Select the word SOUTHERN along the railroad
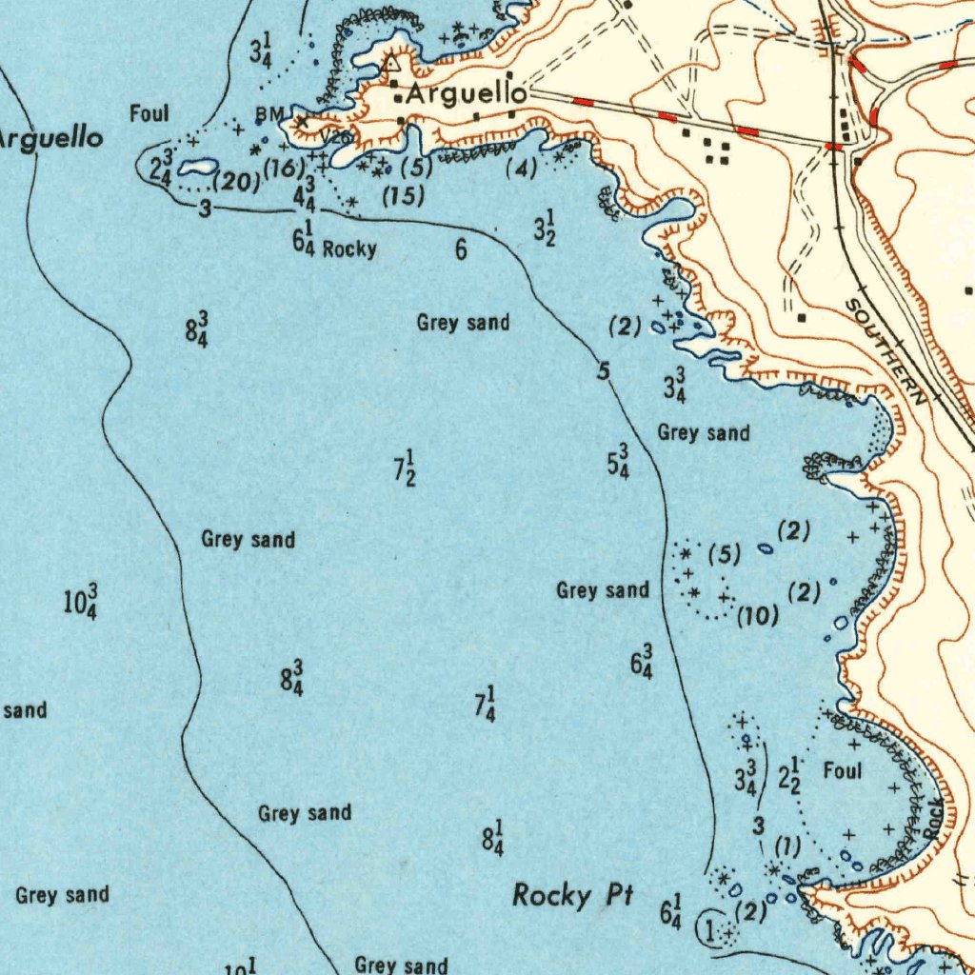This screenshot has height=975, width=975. pos(885,352)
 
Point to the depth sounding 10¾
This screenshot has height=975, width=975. pos(80,603)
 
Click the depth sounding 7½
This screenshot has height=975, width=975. pos(405,469)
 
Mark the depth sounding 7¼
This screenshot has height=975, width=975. pos(485,705)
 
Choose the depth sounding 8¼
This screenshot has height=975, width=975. pos(492,837)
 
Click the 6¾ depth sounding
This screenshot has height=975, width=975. pos(642,663)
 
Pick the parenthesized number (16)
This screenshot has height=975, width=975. pos(283,169)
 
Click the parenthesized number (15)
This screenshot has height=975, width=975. pos(402,197)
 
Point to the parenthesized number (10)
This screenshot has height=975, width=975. pos(758,616)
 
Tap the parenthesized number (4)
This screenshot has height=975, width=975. pos(521,169)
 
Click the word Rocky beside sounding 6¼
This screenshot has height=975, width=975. pos(349,249)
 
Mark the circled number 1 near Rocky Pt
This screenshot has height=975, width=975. pos(709,927)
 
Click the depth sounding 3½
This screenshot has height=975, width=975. pos(544,229)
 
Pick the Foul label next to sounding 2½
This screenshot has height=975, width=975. pos(842,769)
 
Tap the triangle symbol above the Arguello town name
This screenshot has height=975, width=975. pos(391,64)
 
